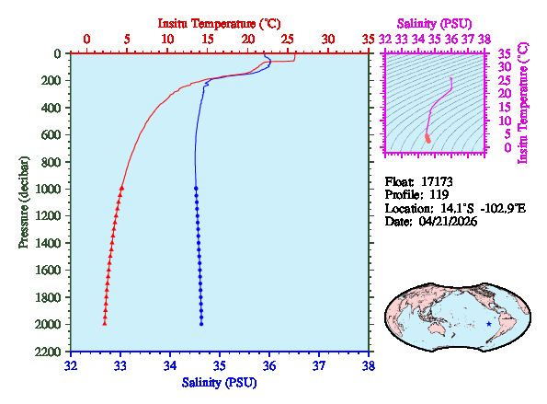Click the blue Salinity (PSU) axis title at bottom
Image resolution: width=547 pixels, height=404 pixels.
(x=219, y=382)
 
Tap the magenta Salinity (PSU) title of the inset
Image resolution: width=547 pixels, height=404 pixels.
(x=434, y=22)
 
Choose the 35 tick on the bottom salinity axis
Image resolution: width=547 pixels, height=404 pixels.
(x=220, y=364)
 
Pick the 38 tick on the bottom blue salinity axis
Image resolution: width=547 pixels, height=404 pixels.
(x=369, y=364)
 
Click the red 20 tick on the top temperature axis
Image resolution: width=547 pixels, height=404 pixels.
(x=247, y=40)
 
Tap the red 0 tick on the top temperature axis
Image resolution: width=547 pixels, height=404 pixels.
(x=86, y=40)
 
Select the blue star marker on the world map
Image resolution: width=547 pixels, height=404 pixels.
(x=488, y=324)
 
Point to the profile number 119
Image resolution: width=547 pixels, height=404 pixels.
(x=439, y=195)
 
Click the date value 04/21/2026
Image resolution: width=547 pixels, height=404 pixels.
(x=449, y=223)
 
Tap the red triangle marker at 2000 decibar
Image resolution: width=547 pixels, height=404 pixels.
(x=104, y=323)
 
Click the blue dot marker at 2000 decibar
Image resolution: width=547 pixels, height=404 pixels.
(x=201, y=323)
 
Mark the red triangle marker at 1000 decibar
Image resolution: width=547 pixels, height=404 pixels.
(x=121, y=188)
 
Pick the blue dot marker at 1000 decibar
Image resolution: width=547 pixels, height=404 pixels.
(x=196, y=188)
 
